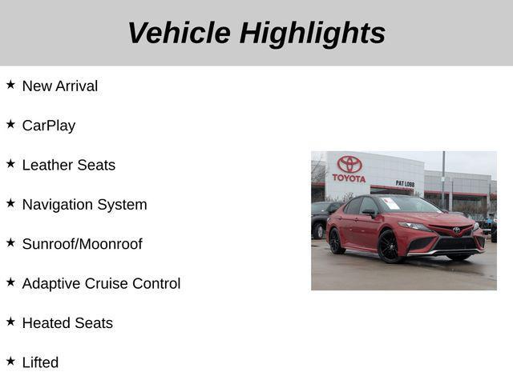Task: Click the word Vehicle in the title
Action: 179,33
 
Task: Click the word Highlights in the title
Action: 313,33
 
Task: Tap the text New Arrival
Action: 60,86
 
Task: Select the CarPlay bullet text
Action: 49,126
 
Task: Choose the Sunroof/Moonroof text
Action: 82,244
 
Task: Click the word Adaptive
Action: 51,283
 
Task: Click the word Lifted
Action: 40,362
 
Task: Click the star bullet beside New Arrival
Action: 10,84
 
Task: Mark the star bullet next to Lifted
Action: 10,360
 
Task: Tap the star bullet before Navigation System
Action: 10,202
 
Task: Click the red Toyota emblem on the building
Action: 349,163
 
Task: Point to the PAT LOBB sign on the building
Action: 405,183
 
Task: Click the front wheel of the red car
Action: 390,246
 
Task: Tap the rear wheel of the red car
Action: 337,241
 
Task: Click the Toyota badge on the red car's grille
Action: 456,230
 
